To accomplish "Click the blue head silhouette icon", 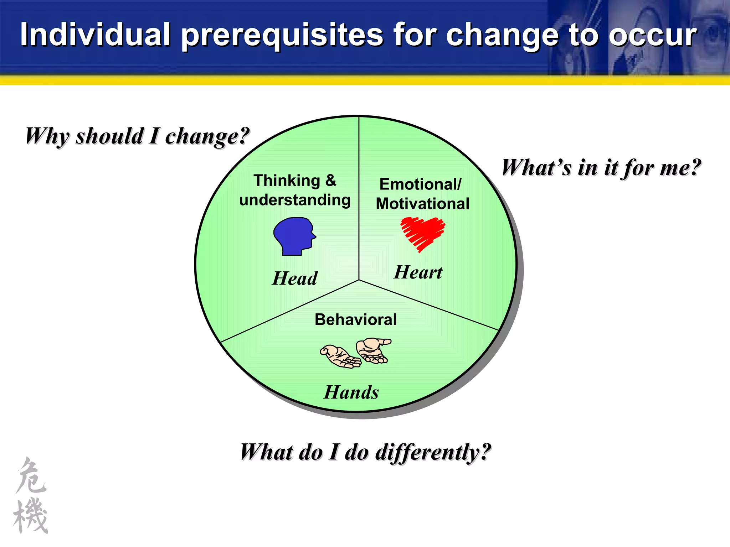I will pyautogui.click(x=294, y=236).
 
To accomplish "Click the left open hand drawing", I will pyautogui.click(x=340, y=356).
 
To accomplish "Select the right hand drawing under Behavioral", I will pyautogui.click(x=373, y=350).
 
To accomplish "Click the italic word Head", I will pyautogui.click(x=294, y=278).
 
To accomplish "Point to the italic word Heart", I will pyautogui.click(x=418, y=272).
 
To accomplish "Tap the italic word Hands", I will pyautogui.click(x=351, y=392).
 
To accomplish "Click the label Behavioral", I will pyautogui.click(x=355, y=319).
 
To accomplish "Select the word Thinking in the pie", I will pyautogui.click(x=287, y=181).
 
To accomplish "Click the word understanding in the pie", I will pyautogui.click(x=295, y=200).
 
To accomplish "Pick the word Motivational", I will pyautogui.click(x=422, y=204).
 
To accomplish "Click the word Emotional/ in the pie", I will pyautogui.click(x=420, y=184).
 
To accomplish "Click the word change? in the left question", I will pyautogui.click(x=207, y=136).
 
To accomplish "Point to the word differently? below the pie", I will pyautogui.click(x=433, y=452).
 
